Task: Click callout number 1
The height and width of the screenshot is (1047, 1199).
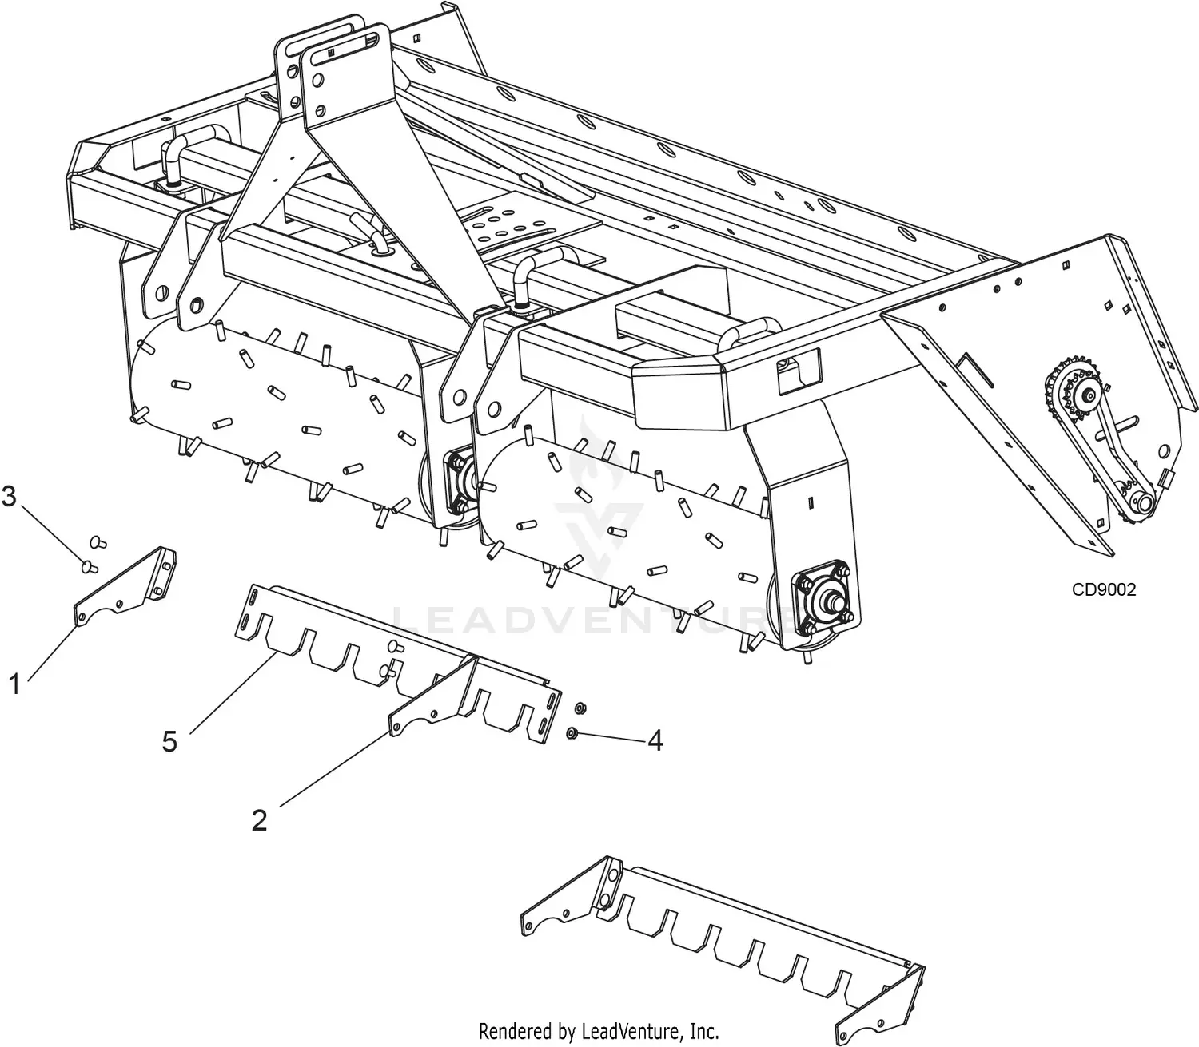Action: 14,684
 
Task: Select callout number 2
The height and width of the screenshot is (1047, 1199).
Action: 259,819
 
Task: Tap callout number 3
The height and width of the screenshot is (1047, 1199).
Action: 9,497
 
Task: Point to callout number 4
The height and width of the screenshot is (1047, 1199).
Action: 655,741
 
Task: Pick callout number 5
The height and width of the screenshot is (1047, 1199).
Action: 169,741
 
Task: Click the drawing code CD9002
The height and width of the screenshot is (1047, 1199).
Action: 1104,589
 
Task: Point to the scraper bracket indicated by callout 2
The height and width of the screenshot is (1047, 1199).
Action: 432,703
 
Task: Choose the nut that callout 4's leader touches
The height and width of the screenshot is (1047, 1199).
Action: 573,732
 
